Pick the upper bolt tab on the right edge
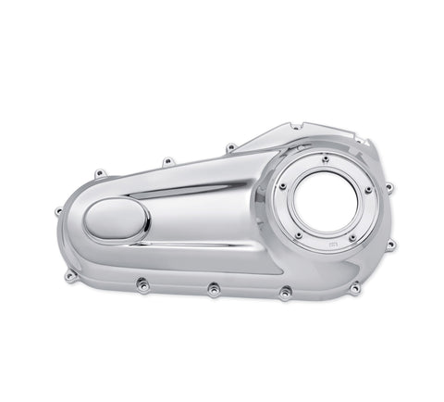click(388, 187)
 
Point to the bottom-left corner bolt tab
click(70, 275)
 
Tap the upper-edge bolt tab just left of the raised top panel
click(229, 145)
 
